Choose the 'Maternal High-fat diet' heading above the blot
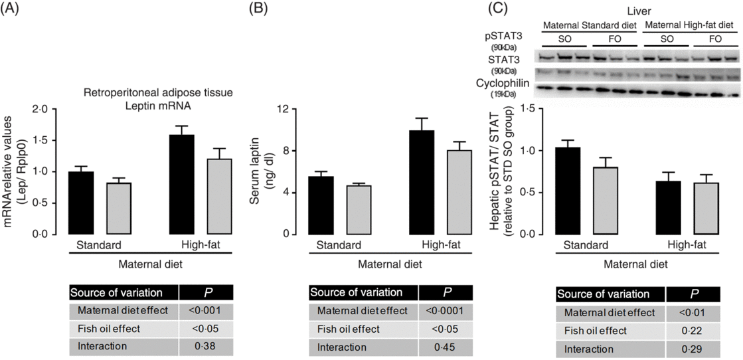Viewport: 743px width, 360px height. (x=691, y=26)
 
